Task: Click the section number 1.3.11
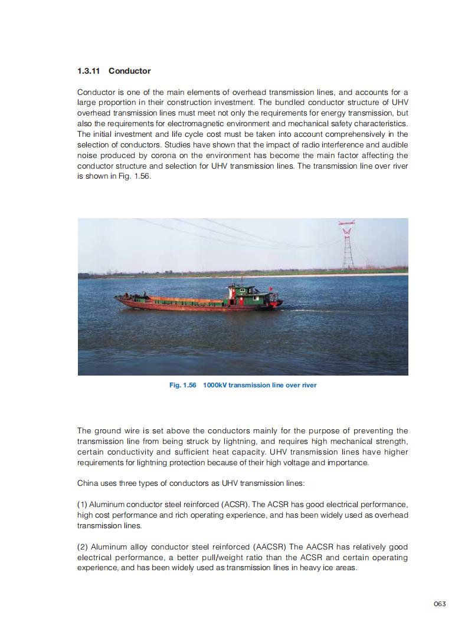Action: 89,71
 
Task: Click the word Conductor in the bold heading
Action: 129,71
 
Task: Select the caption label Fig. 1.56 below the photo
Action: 182,385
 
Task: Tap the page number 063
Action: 439,603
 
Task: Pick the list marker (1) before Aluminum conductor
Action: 83,505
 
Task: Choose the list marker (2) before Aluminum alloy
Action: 83,547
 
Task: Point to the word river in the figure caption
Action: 307,385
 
